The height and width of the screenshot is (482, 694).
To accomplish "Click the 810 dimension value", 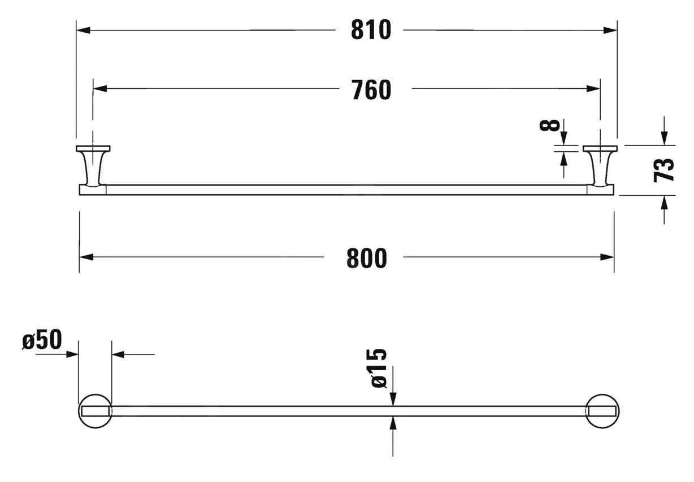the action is point(371,30).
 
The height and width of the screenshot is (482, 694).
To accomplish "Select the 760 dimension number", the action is point(371,90).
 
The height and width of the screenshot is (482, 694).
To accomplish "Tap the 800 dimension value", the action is point(367,258).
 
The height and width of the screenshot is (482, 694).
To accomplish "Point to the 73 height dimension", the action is point(663,170).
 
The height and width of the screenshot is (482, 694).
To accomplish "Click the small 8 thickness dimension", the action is point(550,125).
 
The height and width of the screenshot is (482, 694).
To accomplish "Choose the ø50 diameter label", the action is point(42,339).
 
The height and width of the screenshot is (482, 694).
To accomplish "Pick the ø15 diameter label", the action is point(379,368).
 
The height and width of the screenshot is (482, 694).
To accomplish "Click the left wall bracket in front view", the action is point(93,166).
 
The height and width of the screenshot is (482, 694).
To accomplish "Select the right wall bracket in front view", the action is point(600,166).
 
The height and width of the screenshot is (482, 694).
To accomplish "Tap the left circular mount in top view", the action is point(95,395).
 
